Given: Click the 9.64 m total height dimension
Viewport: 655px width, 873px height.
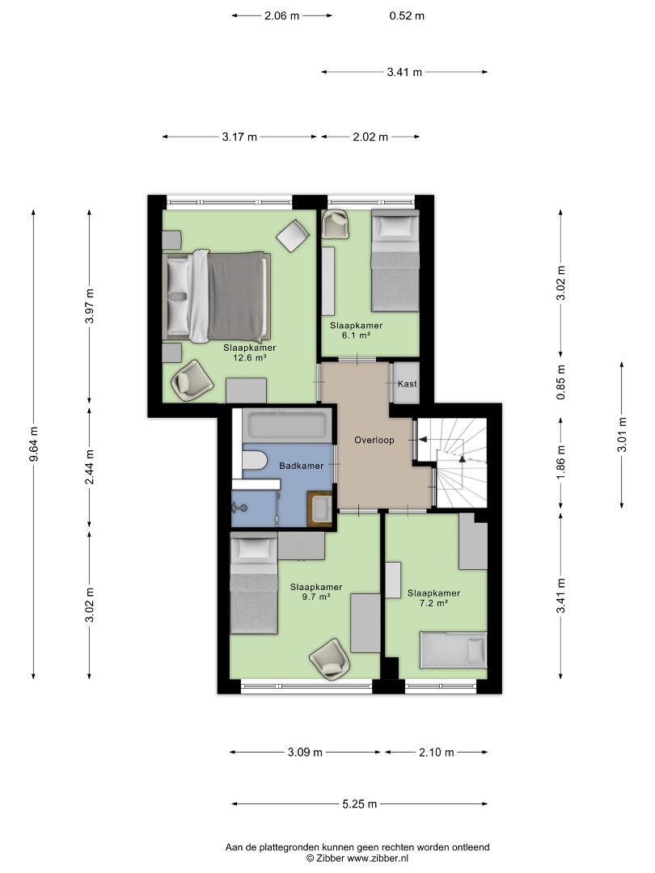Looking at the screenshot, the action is click(34, 444).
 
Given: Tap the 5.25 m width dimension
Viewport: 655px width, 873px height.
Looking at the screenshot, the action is click(360, 803).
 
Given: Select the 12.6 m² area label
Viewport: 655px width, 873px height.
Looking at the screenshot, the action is click(250, 358).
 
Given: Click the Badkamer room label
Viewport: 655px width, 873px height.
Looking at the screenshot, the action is click(301, 466).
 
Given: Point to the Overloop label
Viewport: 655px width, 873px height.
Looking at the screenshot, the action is click(374, 440).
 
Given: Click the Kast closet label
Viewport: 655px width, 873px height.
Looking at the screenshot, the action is click(407, 384).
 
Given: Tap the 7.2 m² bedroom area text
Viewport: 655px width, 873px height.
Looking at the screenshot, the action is click(433, 603).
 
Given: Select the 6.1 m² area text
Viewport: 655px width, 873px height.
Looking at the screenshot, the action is click(356, 335).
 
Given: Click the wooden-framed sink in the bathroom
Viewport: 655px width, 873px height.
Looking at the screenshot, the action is click(320, 508).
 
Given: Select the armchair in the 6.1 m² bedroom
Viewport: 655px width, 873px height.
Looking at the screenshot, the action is click(337, 225).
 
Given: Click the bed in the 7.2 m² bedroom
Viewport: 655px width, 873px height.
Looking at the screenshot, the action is click(454, 650).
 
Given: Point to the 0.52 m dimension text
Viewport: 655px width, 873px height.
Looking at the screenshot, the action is click(407, 15).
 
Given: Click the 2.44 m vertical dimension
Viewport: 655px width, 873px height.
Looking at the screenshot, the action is click(89, 466).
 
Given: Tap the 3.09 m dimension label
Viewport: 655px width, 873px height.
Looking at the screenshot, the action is click(305, 753).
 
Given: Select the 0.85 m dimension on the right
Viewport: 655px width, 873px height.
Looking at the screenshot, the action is click(561, 382).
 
